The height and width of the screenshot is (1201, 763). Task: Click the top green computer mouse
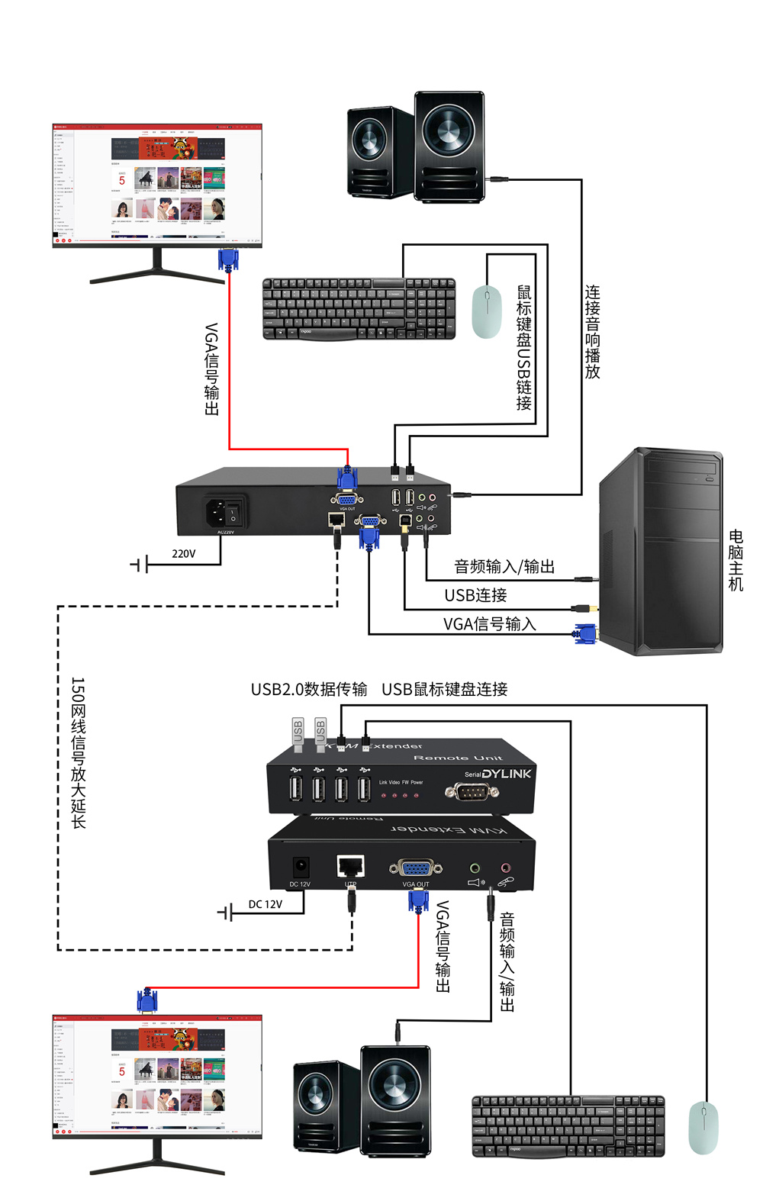(x=486, y=311)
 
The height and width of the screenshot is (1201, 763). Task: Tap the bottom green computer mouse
(x=703, y=1128)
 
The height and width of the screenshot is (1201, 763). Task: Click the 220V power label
(x=183, y=553)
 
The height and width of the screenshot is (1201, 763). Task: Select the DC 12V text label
(x=265, y=904)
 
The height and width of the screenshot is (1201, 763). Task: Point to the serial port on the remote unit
(x=472, y=791)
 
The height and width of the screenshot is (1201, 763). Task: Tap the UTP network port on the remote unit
(x=350, y=867)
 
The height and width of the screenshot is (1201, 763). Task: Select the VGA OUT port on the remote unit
(x=415, y=868)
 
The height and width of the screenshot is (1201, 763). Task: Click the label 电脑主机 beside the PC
(x=736, y=560)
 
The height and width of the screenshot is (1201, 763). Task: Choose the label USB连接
(x=475, y=595)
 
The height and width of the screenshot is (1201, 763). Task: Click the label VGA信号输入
(x=489, y=624)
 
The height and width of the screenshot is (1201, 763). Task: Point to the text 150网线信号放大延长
(x=79, y=752)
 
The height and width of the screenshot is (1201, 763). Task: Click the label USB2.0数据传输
(x=309, y=689)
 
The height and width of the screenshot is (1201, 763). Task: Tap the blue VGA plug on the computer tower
(x=586, y=633)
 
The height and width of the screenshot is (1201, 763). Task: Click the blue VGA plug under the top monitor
(x=228, y=259)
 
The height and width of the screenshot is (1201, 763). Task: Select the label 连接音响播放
(x=593, y=332)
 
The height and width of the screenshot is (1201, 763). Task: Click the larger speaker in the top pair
(x=449, y=147)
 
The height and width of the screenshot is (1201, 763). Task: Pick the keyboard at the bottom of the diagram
(x=568, y=1125)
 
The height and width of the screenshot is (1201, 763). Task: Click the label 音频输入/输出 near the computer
(x=504, y=566)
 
